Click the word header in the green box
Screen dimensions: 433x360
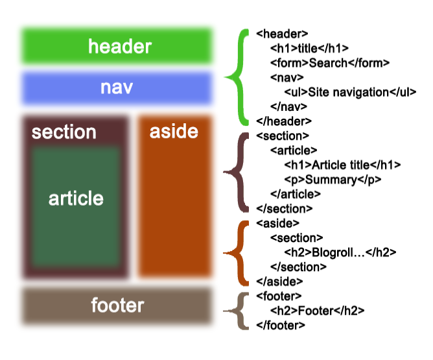pyautogui.click(x=120, y=46)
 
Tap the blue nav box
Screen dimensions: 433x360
pyautogui.click(x=117, y=88)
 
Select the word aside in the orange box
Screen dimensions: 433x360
pyautogui.click(x=174, y=131)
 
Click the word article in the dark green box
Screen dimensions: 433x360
pyautogui.click(x=76, y=198)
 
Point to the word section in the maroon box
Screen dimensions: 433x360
pyautogui.click(x=64, y=132)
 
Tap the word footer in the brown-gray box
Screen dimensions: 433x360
pyautogui.click(x=117, y=305)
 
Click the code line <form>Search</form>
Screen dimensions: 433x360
pyautogui.click(x=330, y=63)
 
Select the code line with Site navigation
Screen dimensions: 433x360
pyautogui.click(x=350, y=92)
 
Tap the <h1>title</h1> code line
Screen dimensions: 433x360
pyautogui.click(x=309, y=49)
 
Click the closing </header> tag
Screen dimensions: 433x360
pyautogui.click(x=284, y=121)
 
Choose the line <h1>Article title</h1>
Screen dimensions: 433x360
pyautogui.click(x=342, y=165)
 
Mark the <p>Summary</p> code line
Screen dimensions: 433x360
pyautogui.click(x=333, y=180)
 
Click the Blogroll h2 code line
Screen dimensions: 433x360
pyautogui.click(x=340, y=252)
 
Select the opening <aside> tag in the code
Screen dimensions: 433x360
pyautogui.click(x=278, y=223)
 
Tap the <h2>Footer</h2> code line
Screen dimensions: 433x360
pyautogui.click(x=317, y=311)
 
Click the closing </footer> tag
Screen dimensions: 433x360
pyautogui.click(x=281, y=326)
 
